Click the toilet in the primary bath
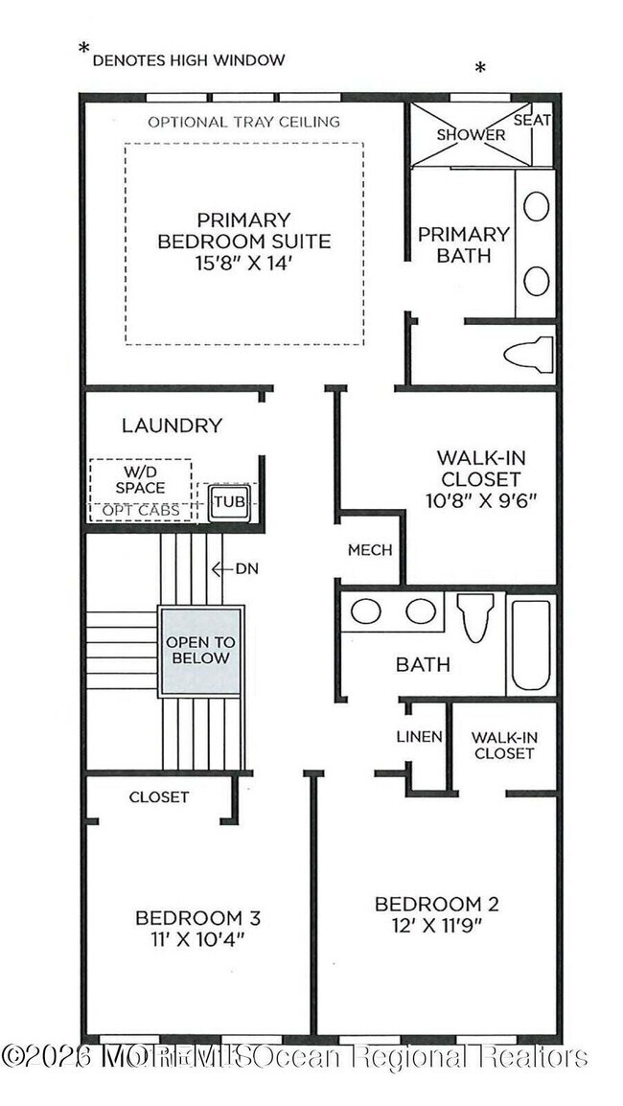point(528,354)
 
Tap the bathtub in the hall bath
point(530,644)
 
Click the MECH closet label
point(370,550)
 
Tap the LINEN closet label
point(419,736)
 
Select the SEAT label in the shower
point(532,120)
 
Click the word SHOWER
point(471,134)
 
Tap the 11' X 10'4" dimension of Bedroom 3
point(197,939)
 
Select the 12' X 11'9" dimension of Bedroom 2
point(436,925)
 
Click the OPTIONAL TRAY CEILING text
point(243,122)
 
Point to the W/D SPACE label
point(140,480)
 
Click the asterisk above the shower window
point(480,68)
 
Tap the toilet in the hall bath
point(475,617)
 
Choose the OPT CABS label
point(142,510)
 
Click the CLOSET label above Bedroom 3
point(159,796)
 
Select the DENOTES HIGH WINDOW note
point(188,59)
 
